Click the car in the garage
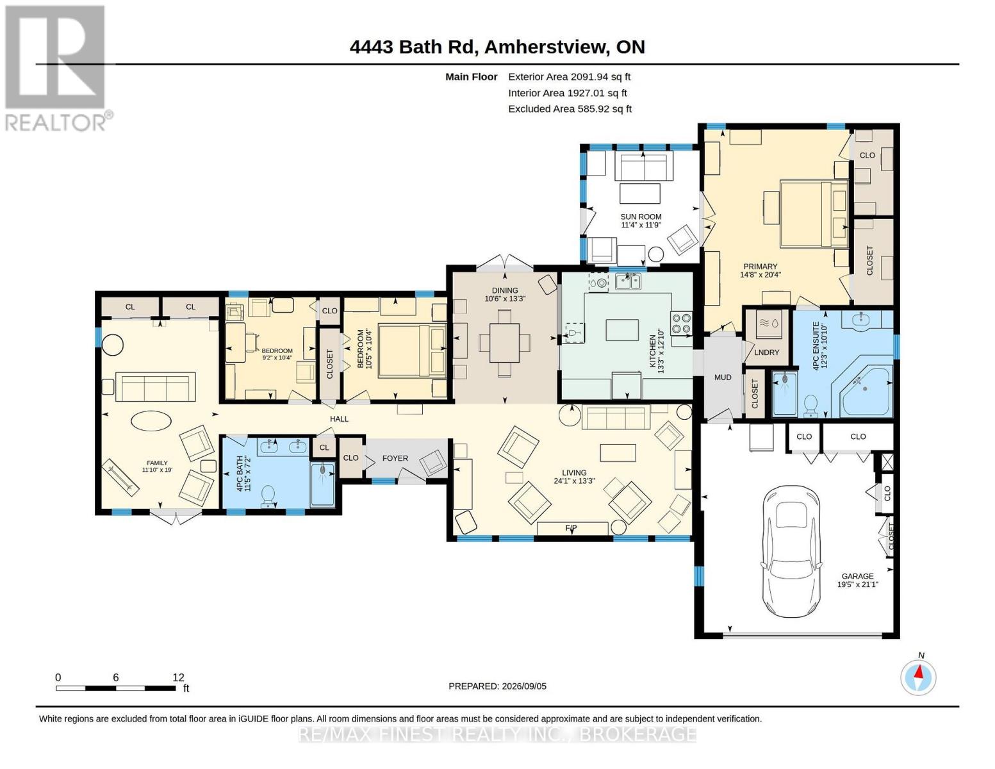pyautogui.click(x=791, y=551)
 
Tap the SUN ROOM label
pyautogui.click(x=641, y=217)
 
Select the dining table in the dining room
pyautogui.click(x=505, y=343)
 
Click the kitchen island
pyautogui.click(x=622, y=330)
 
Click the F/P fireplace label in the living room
pyautogui.click(x=570, y=528)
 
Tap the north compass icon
pyautogui.click(x=918, y=678)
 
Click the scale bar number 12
pyautogui.click(x=178, y=677)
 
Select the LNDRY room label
pyautogui.click(x=766, y=352)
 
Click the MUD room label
pyautogui.click(x=723, y=377)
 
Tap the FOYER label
pyautogui.click(x=395, y=458)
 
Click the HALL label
pyautogui.click(x=339, y=418)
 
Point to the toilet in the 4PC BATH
pyautogui.click(x=268, y=496)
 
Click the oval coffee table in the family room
pyautogui.click(x=151, y=420)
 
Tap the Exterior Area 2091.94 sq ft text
pyautogui.click(x=569, y=77)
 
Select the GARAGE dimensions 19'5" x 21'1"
pyautogui.click(x=858, y=584)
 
